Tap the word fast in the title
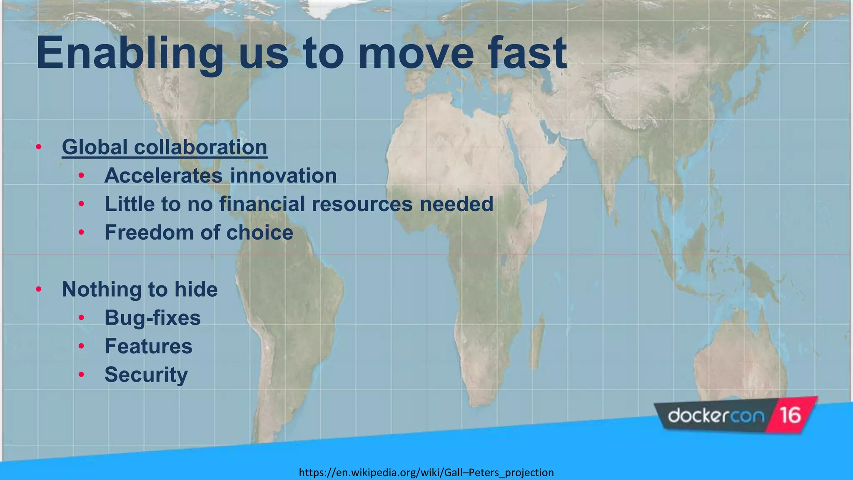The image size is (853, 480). point(527,53)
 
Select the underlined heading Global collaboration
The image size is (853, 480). point(165,147)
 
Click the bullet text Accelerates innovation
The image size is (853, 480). point(220,175)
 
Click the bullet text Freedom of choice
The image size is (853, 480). point(199,232)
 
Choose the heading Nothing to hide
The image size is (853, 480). point(140,289)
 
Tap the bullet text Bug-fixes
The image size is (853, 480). point(152,317)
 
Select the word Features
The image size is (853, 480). point(148,346)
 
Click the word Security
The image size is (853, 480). point(146,374)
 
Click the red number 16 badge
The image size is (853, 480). point(790,415)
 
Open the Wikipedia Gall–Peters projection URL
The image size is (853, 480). point(426,472)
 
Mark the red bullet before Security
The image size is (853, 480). point(81,375)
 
